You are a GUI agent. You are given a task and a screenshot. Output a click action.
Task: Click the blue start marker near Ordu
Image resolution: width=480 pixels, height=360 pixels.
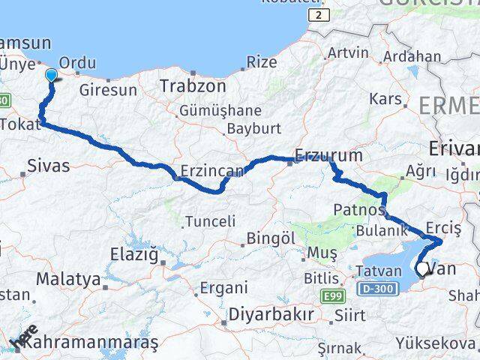(52, 75)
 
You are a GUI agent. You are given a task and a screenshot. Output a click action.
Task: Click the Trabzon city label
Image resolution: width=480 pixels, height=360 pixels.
(193, 86)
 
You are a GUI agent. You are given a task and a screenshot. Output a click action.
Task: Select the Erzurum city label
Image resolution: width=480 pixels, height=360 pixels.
(328, 156)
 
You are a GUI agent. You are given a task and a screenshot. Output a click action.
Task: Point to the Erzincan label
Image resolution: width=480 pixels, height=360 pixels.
(213, 171)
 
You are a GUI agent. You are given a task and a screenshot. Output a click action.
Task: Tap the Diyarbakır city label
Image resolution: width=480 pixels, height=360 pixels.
(271, 314)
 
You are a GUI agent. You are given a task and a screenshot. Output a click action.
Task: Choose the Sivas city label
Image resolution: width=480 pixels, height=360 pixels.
(47, 166)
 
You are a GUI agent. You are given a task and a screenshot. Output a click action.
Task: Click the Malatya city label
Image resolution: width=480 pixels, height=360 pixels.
(68, 279)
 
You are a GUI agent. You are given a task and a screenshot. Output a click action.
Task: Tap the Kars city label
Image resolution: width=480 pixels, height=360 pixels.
(386, 99)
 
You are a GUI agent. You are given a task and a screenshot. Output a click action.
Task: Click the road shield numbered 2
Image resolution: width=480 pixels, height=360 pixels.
(320, 15)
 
